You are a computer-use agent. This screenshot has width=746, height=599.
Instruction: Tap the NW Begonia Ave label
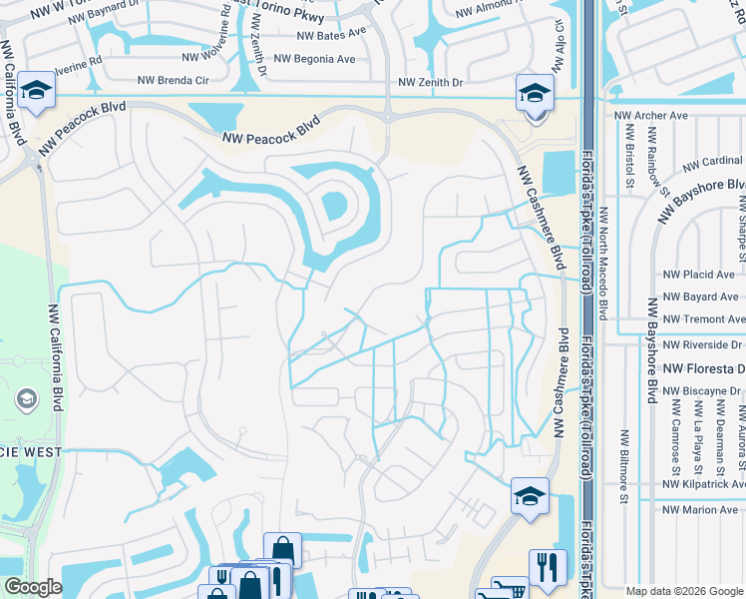pos(314,59)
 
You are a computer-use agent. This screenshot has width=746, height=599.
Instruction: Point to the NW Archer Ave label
pos(651,116)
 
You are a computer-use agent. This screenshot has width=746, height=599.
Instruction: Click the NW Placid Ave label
pos(698,275)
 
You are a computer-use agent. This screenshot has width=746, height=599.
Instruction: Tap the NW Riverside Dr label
pos(702,345)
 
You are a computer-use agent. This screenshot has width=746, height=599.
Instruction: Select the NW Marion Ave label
pos(701,510)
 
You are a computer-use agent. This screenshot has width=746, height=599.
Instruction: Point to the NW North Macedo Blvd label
pos(603,263)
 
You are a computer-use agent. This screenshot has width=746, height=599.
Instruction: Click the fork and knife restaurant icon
pos(547,567)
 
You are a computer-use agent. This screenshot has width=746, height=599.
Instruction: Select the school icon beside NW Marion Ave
pos(529,495)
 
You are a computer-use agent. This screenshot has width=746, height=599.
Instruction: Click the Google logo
pos(33,587)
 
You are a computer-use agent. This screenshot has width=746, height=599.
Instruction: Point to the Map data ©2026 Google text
pos(684,591)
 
